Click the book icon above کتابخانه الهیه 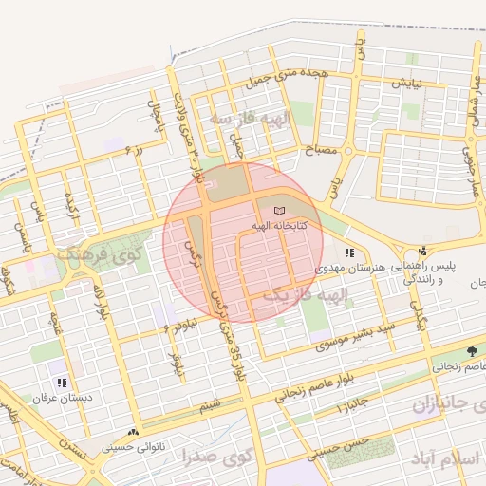(277, 211)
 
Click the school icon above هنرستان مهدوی (349, 253)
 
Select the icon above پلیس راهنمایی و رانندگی (422, 252)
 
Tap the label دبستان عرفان (61, 398)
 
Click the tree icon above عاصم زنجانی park (472, 351)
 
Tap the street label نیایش (400, 84)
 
